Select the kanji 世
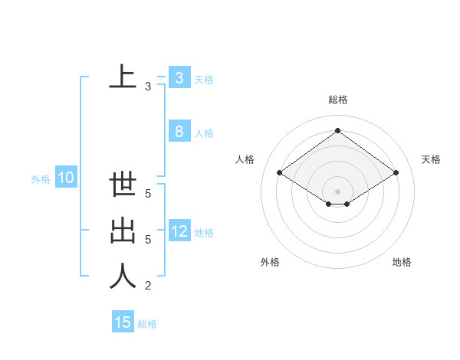[x=123, y=186]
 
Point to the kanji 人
[x=123, y=277]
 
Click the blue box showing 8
[x=179, y=132]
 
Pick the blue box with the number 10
[x=65, y=178]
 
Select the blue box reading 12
[x=179, y=231]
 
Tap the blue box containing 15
[x=123, y=322]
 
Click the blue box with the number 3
[x=179, y=78]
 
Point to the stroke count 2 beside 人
[x=148, y=286]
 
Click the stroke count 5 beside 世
[x=148, y=195]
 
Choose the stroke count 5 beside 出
[x=148, y=240]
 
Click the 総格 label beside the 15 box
[x=147, y=324]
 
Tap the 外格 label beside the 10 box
[x=41, y=179]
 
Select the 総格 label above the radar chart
[x=337, y=100]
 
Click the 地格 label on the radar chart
[x=402, y=262]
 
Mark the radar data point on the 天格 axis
[x=396, y=173]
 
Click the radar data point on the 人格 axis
[x=280, y=173]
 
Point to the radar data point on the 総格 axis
[x=337, y=131]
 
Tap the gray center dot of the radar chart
[x=337, y=191]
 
